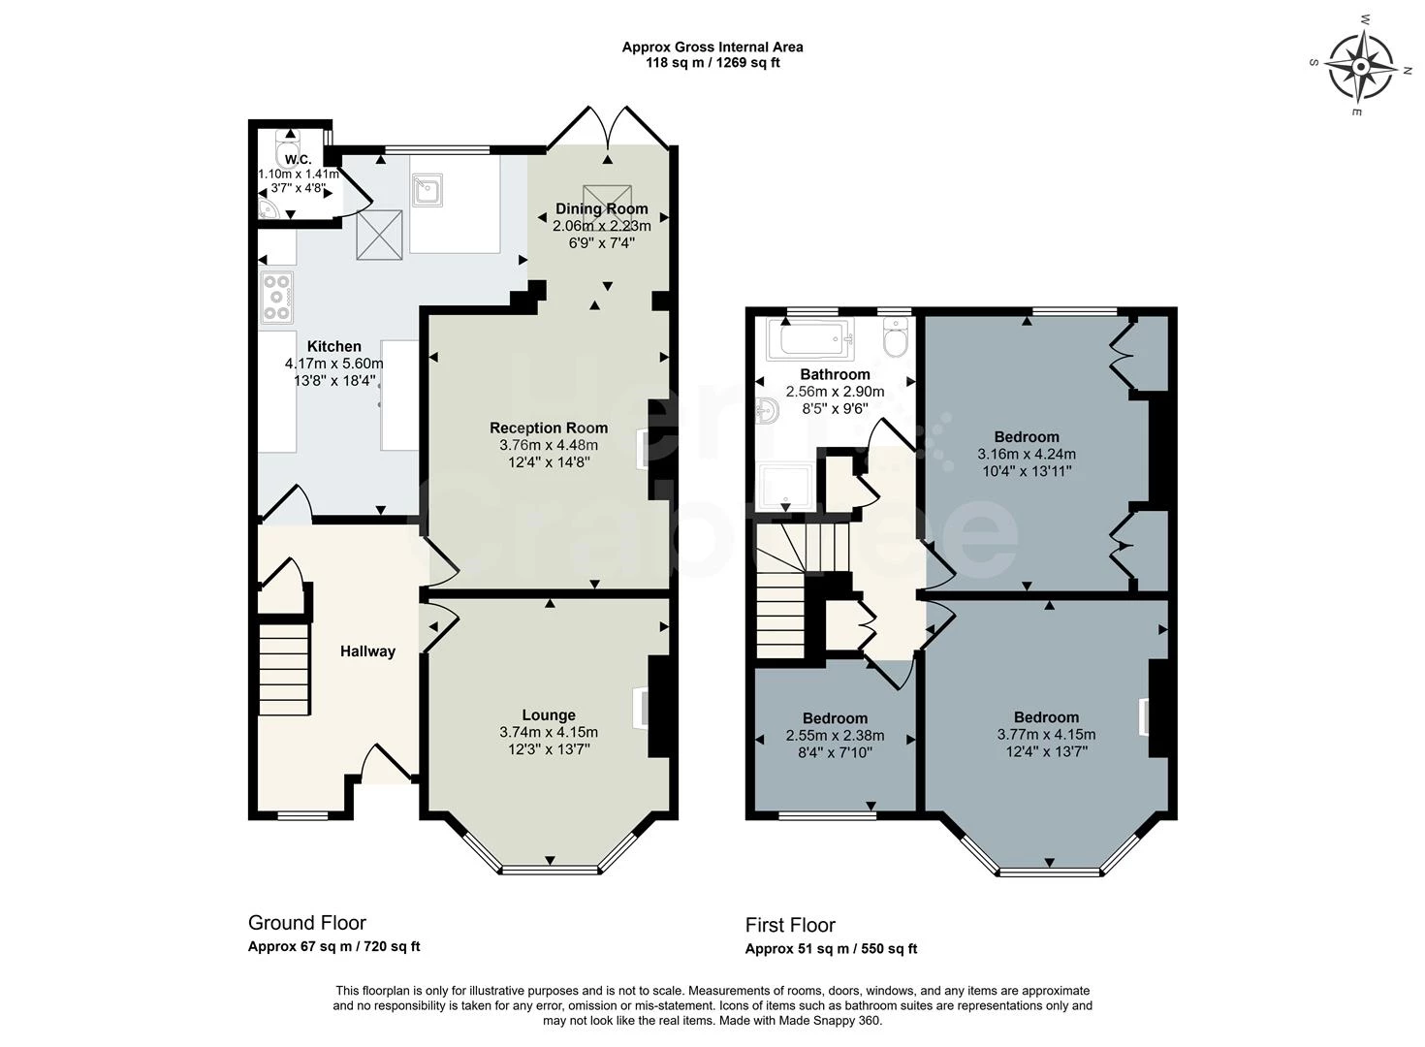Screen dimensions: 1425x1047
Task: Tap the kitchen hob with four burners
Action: click(x=276, y=297)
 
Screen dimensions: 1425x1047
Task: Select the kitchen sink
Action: click(x=427, y=190)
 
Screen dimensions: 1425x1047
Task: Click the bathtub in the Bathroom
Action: click(x=809, y=339)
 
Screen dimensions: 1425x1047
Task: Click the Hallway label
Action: click(x=367, y=651)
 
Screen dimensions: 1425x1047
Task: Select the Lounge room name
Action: click(x=549, y=714)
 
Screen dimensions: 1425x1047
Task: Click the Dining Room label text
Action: click(x=602, y=208)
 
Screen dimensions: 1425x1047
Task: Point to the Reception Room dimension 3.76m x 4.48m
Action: click(x=549, y=445)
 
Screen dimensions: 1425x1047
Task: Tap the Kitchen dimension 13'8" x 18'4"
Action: click(x=334, y=380)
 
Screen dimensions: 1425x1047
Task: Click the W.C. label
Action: click(x=299, y=160)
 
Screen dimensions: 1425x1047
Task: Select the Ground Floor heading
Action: click(x=307, y=922)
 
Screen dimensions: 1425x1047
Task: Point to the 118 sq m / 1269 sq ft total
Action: click(x=712, y=62)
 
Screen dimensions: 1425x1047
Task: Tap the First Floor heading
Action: click(x=790, y=924)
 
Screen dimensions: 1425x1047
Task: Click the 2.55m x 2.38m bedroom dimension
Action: click(x=835, y=735)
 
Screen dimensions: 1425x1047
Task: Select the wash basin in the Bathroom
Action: click(x=767, y=411)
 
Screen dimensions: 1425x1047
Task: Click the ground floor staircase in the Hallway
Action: click(x=284, y=668)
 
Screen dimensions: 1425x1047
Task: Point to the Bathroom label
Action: click(x=835, y=374)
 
